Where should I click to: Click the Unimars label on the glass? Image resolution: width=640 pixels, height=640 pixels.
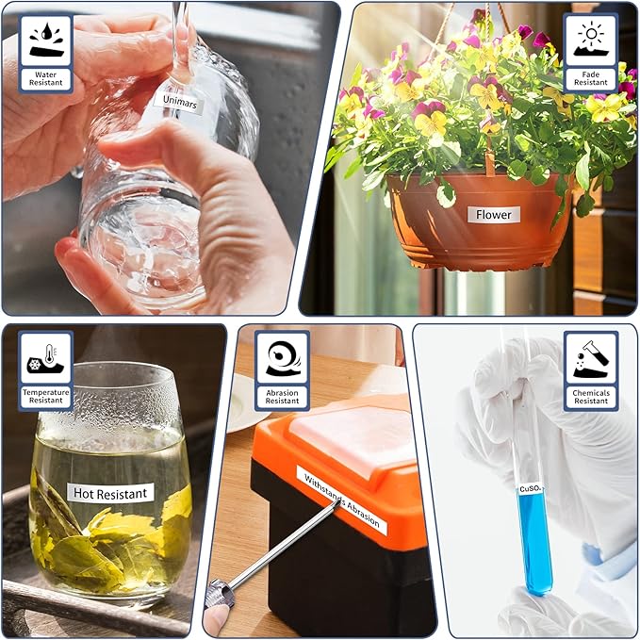180,102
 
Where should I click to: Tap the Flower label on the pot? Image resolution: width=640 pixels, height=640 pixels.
494,215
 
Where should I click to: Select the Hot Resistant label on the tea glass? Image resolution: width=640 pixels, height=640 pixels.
110,493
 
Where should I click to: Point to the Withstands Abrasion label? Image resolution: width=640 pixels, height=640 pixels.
342,501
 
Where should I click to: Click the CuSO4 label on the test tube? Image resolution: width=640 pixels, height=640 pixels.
531,488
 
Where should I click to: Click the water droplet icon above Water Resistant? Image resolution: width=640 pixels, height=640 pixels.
46,40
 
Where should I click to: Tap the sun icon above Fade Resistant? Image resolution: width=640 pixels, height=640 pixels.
591,40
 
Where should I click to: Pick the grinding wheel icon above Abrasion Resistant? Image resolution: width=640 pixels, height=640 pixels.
283,358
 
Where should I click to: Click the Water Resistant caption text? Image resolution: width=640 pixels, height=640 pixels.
45,78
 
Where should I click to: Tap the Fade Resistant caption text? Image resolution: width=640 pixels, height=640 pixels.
591,78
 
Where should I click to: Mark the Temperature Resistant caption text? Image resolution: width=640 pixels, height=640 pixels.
45,396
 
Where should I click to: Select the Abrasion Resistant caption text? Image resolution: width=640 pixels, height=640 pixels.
282,397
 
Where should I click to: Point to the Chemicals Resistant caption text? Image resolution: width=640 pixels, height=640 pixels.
591,397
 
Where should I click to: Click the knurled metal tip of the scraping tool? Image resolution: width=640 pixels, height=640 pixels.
221,594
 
